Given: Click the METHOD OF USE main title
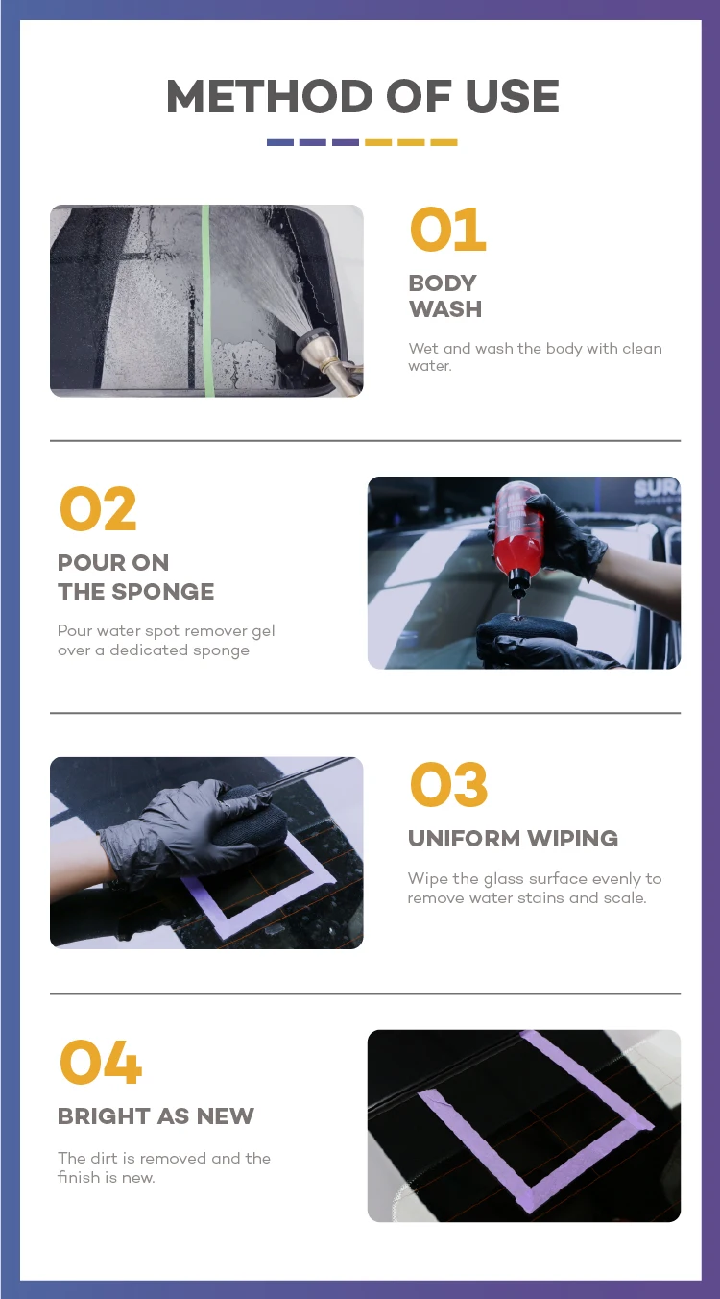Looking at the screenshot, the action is pos(363,96).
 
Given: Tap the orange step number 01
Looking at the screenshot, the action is pos(447,229).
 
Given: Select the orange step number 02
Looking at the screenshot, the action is pos(98,508).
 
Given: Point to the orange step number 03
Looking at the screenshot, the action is pos(448,785).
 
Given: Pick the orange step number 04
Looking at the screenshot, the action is pos(100,1062).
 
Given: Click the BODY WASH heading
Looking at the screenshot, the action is pos(444,296).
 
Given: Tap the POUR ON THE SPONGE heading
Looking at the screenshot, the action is pos(135,577).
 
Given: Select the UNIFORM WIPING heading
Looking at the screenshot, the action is pos(513,839).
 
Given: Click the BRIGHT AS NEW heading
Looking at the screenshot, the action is pos(156,1115).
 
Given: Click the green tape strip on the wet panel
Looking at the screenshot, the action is pos(206,301).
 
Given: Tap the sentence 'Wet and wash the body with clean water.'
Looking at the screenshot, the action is pos(535,356).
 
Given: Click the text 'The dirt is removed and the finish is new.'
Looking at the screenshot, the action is pos(164,1167).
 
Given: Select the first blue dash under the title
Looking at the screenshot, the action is pos(279,142).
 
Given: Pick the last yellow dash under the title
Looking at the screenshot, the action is pos(444,142).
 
